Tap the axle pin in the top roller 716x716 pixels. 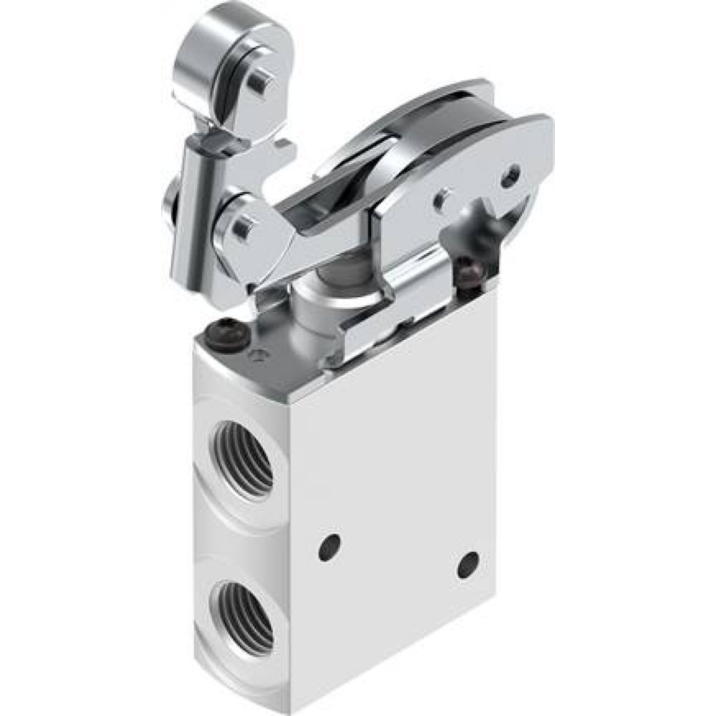[x=256, y=84]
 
